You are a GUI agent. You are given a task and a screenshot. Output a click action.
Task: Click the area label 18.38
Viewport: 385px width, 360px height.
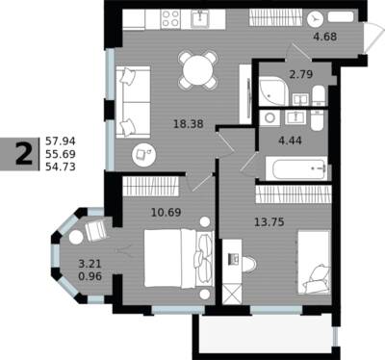coord(189,123)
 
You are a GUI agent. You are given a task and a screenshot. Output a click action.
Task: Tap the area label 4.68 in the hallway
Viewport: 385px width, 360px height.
coord(325,37)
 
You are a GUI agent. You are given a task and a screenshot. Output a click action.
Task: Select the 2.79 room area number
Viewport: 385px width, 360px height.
coord(300,74)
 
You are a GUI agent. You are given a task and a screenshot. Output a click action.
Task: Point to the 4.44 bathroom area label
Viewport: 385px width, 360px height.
coord(290,141)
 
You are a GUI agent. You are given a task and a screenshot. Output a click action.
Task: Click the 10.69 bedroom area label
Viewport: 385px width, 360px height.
coord(166,212)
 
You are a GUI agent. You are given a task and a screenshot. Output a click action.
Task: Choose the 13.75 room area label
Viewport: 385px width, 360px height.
coord(269,221)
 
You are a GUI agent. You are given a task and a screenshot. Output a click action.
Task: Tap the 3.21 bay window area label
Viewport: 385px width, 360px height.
coord(90,264)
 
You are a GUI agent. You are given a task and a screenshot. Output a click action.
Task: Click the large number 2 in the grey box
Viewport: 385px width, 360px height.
coord(24,154)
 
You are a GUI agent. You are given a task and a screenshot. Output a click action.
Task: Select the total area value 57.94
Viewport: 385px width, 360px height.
coord(61,141)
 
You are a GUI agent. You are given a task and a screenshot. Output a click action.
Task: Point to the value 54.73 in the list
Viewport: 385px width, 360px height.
coord(61,167)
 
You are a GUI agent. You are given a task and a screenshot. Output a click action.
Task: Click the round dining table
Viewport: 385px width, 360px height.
coord(198,69)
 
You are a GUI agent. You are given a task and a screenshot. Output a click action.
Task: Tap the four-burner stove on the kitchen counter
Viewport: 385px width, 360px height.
coord(170,18)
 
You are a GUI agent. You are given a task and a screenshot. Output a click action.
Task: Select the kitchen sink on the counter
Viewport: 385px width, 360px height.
coord(200,18)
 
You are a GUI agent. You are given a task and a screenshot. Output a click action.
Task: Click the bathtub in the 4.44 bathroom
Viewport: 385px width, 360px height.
coord(296,168)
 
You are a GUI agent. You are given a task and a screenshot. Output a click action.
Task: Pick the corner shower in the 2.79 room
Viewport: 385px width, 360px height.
coord(272,91)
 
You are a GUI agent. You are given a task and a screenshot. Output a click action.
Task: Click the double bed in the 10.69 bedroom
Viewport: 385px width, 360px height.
coord(178,258)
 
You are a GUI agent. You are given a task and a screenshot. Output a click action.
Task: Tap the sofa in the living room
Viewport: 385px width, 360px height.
coord(133,102)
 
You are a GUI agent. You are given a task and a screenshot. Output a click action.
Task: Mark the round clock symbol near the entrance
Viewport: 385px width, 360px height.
coord(315,19)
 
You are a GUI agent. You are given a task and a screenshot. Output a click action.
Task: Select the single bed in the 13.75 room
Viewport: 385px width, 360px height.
coord(314,262)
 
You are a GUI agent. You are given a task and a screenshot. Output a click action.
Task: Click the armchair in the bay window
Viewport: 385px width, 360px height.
coord(96,230)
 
